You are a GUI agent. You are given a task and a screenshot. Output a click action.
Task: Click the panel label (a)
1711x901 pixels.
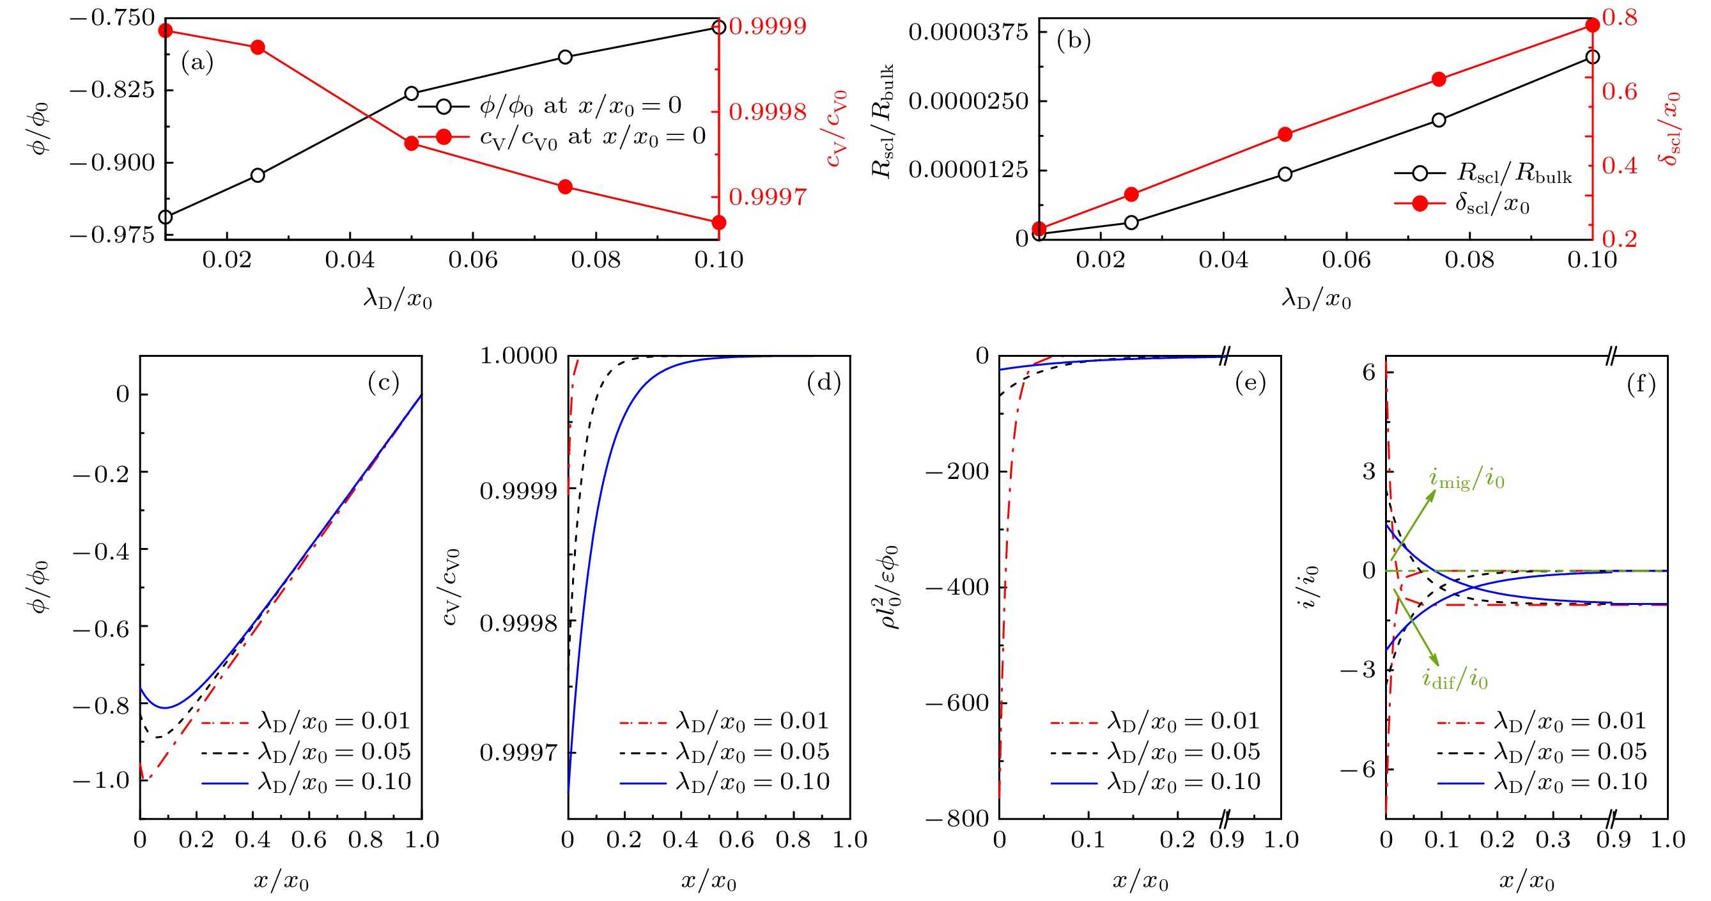pos(197,63)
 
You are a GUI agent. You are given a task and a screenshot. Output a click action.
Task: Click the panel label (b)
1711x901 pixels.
pos(1073,40)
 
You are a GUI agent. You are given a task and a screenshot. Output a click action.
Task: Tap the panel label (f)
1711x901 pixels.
pos(1641,384)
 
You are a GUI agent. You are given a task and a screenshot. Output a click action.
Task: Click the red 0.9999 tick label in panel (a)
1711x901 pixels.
pos(768,27)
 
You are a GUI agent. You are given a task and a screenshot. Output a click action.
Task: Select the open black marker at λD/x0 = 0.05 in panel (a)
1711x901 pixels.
pos(412,94)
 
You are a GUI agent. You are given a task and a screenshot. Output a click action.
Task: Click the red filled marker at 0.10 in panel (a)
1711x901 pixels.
pos(718,223)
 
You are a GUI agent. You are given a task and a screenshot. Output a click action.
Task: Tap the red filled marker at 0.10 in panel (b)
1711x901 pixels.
pos(1592,25)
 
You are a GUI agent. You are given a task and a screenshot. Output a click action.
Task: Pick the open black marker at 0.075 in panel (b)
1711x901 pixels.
pos(1439,120)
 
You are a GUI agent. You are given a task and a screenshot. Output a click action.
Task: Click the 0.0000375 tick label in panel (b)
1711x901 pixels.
pos(968,32)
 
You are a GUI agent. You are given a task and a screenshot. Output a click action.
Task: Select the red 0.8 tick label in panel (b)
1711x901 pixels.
pos(1620,17)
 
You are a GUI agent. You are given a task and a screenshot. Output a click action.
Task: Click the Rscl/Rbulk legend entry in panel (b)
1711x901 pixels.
pos(1514,173)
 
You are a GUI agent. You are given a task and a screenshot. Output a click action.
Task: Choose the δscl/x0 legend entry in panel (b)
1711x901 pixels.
pos(1492,203)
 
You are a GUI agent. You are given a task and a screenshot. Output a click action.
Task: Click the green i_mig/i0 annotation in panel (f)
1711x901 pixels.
pos(1467,478)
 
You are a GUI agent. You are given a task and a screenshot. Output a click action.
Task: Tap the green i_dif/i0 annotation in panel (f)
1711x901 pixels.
pos(1455,678)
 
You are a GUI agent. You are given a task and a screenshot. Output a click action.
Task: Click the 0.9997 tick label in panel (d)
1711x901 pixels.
pos(519,753)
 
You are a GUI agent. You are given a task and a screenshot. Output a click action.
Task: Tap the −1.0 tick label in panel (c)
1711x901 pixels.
pos(101,780)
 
